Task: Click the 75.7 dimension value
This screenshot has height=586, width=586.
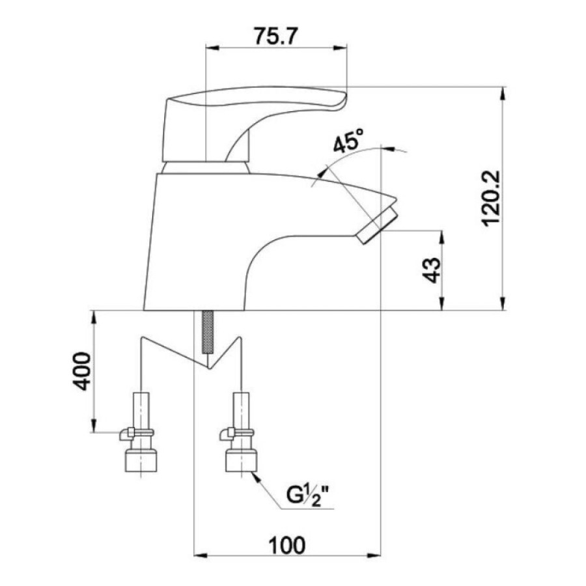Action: (x=276, y=36)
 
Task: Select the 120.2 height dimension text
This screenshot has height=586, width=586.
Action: (x=490, y=199)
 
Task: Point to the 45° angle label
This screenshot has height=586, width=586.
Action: (x=348, y=141)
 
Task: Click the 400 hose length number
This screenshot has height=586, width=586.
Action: (x=81, y=370)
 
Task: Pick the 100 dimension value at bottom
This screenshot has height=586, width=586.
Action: (x=287, y=545)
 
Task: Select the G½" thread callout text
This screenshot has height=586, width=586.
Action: (x=310, y=495)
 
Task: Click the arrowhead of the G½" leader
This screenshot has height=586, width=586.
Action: (x=256, y=477)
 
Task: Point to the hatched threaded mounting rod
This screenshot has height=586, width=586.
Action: (x=207, y=332)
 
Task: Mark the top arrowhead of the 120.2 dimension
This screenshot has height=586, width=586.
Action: (x=503, y=93)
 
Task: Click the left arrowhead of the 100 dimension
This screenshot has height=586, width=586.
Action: (x=201, y=555)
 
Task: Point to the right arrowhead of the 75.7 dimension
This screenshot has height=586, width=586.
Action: (x=341, y=48)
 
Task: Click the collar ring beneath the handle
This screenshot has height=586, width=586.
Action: (x=206, y=168)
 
